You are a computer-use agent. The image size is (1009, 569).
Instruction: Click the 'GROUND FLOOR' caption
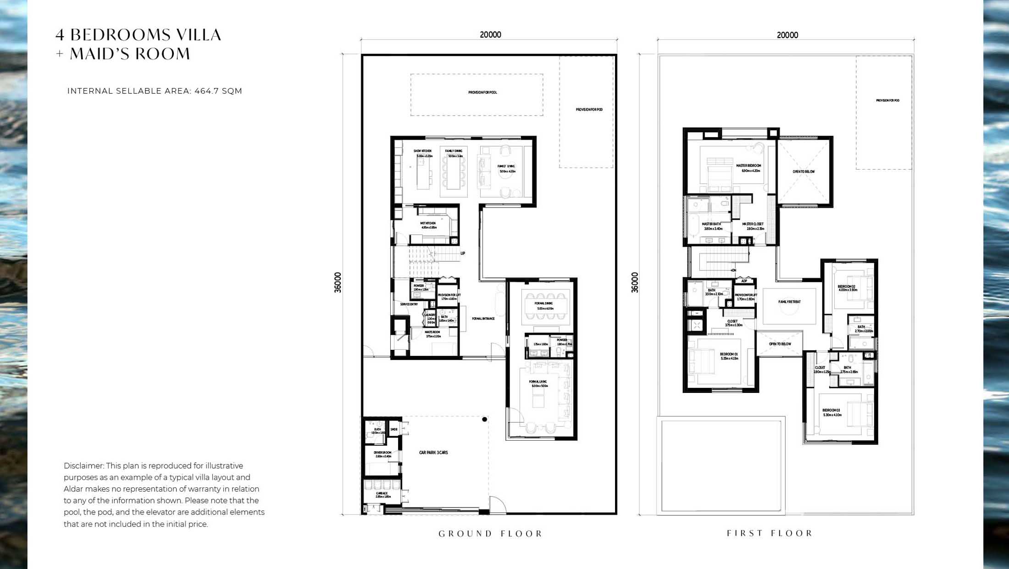pos(490,534)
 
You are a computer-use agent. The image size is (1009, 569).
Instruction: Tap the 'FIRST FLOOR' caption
pos(770,533)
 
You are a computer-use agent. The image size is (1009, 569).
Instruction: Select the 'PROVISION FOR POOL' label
pos(482,93)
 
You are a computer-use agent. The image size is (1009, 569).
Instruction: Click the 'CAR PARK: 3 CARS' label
pos(433,453)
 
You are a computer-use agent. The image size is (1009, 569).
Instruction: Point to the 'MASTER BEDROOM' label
pos(748,166)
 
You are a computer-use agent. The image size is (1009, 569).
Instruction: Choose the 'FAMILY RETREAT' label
pos(789,302)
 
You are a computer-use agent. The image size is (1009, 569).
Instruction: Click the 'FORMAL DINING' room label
pos(543,304)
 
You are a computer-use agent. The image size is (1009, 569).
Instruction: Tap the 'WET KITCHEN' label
pos(428,223)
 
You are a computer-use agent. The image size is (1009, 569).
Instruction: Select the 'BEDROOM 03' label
pos(831,410)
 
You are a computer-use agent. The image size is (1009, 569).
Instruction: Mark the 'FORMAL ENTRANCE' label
pos(483,319)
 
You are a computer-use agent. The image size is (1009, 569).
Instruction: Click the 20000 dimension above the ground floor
pos(490,35)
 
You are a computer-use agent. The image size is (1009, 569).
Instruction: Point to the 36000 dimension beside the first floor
pos(635,282)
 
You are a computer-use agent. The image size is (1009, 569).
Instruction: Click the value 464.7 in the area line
pos(206,91)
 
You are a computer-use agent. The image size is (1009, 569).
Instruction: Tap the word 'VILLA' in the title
pos(200,35)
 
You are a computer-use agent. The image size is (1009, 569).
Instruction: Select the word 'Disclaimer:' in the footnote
pos(83,466)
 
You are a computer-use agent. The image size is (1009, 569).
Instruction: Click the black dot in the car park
pos(484,419)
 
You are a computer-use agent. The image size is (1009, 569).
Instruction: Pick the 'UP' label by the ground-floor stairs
pos(463,254)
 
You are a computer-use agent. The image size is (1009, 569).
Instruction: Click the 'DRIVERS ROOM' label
pos(383,453)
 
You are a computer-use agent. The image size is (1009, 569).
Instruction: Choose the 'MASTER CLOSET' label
pos(753,224)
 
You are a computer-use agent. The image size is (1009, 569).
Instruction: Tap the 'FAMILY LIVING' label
pos(506,166)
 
